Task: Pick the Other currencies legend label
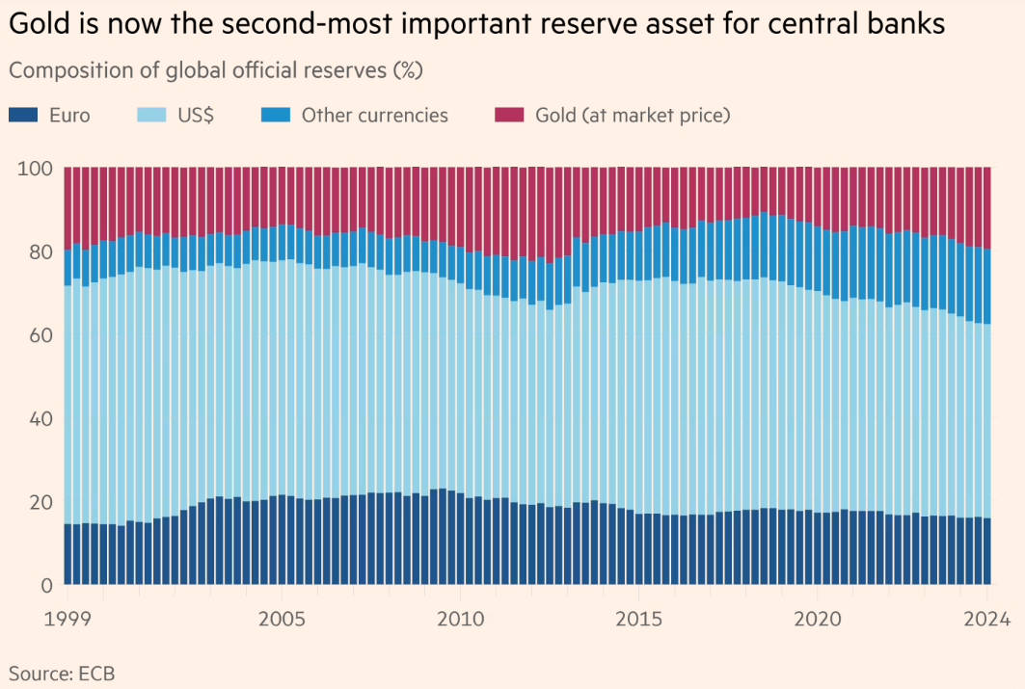375,116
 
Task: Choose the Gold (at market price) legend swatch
507,116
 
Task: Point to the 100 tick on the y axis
35,169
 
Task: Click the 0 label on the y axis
46,585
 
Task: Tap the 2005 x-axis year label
282,619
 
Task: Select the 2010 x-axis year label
460,619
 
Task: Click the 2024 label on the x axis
987,619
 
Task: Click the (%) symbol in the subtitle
407,71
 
